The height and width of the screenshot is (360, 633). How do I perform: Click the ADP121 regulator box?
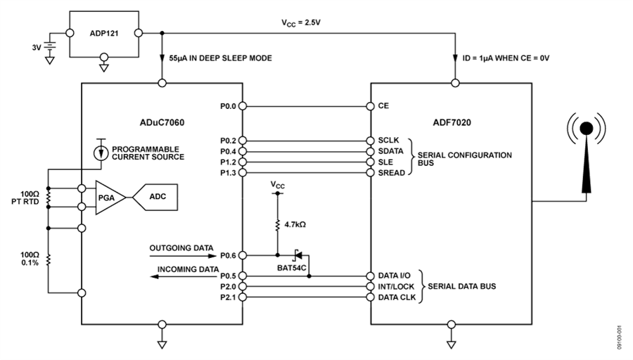point(104,33)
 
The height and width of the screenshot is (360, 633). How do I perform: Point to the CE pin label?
point(383,106)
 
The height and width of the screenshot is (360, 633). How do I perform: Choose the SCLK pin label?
point(389,140)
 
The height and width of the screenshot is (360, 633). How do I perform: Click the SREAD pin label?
point(392,172)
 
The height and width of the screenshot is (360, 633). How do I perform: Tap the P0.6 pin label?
point(229,255)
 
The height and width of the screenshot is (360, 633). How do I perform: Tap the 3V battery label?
point(35,48)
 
